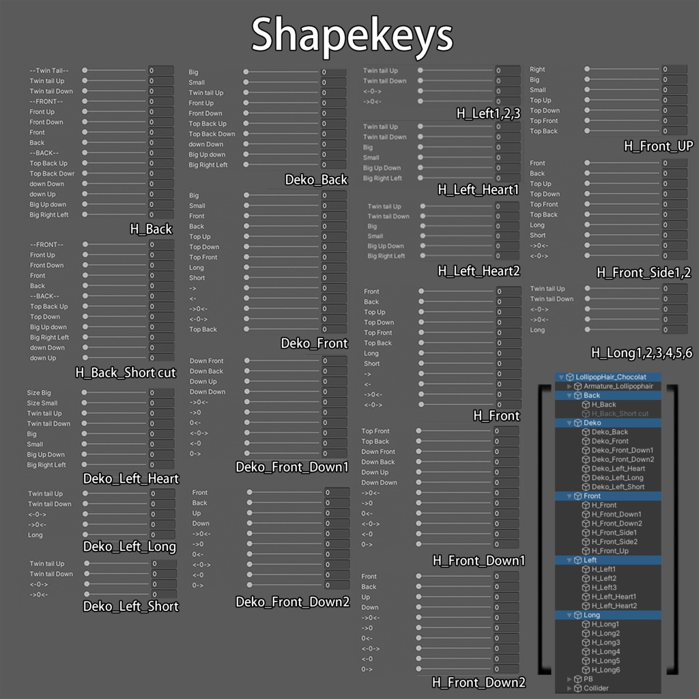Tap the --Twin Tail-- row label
pos(48,70)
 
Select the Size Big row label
pos(39,393)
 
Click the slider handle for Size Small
pos(85,403)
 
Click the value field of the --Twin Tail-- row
pos(160,70)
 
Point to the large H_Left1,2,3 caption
pos(488,114)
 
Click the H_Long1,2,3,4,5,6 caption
pos(641,353)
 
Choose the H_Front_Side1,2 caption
pos(644,273)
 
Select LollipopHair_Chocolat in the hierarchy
pos(610,377)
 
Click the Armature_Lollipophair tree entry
pos(618,386)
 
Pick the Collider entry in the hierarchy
pos(595,688)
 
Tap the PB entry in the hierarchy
pos(588,679)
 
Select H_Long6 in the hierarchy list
pos(605,670)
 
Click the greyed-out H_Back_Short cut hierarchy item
pos(620,414)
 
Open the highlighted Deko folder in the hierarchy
pos(592,423)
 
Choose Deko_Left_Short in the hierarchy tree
pos(618,487)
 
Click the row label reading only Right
pos(537,70)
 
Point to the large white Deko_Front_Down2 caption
pos(292,602)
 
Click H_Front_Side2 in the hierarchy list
pos(614,541)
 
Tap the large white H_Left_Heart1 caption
pos(479,190)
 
